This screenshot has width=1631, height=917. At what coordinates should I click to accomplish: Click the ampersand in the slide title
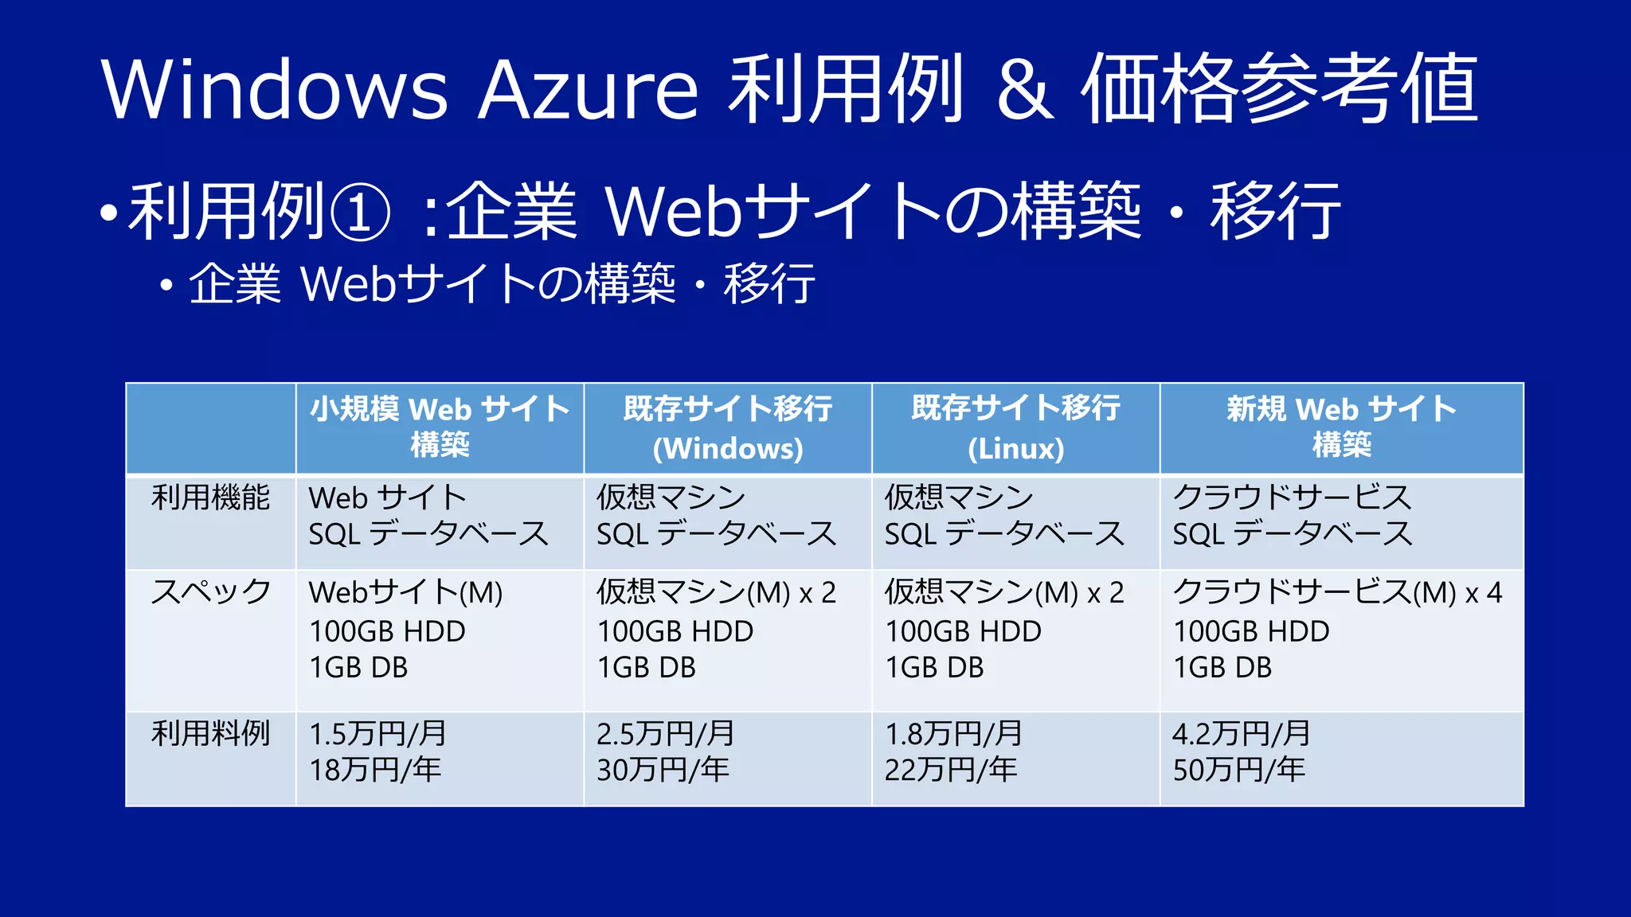[x=1025, y=89]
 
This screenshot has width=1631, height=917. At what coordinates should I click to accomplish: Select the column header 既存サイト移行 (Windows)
[x=728, y=428]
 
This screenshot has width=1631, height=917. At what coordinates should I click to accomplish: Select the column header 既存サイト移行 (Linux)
[x=1015, y=428]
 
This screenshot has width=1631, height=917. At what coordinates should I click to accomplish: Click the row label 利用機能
[x=211, y=498]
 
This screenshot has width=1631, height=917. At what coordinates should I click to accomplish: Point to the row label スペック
[x=211, y=592]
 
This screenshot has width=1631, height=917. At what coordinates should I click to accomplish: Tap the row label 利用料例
[x=211, y=733]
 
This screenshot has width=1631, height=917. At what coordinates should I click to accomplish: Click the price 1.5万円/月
[x=377, y=734]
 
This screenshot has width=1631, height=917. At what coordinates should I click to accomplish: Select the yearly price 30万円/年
[x=663, y=770]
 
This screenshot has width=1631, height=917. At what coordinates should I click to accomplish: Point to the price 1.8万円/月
[x=953, y=734]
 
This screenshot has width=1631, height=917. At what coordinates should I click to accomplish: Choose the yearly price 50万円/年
[x=1239, y=770]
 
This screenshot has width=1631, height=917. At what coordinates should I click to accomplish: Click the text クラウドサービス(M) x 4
[x=1337, y=592]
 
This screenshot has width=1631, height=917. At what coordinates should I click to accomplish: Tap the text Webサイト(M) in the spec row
[x=405, y=592]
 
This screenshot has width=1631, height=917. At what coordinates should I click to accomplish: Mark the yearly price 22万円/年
[x=951, y=770]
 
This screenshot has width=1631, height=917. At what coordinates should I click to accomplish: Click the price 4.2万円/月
[x=1241, y=734]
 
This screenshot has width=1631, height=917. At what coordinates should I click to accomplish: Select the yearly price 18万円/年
[x=375, y=770]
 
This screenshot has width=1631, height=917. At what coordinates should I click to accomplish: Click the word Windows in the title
[x=275, y=89]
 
